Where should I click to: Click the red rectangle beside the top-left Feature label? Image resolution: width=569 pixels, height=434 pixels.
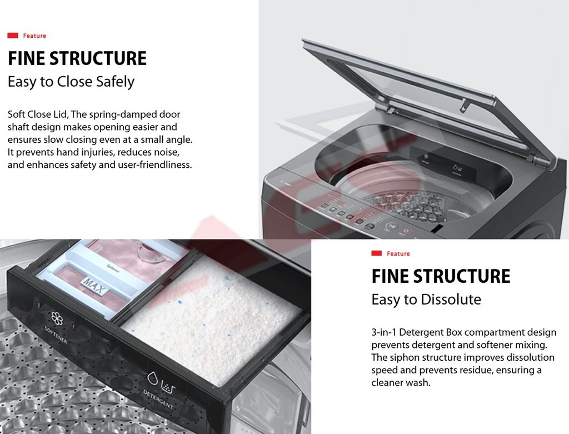click(x=13, y=36)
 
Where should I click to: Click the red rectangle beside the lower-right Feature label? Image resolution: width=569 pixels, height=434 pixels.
click(x=376, y=253)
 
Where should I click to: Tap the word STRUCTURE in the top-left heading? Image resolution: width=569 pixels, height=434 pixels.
click(x=98, y=58)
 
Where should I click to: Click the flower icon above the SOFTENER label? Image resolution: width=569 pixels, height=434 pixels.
click(x=57, y=318)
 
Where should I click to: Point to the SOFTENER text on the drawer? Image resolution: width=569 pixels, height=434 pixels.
click(x=56, y=335)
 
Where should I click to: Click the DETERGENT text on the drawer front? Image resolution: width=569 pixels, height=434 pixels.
click(x=158, y=399)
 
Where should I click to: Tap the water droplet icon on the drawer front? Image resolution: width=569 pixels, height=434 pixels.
click(x=152, y=378)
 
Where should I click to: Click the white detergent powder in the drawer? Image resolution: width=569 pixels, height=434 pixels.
click(x=211, y=320)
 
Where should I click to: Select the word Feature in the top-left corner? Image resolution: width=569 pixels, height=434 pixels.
click(x=34, y=36)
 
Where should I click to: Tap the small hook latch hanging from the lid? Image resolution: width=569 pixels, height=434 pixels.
click(x=464, y=106)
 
